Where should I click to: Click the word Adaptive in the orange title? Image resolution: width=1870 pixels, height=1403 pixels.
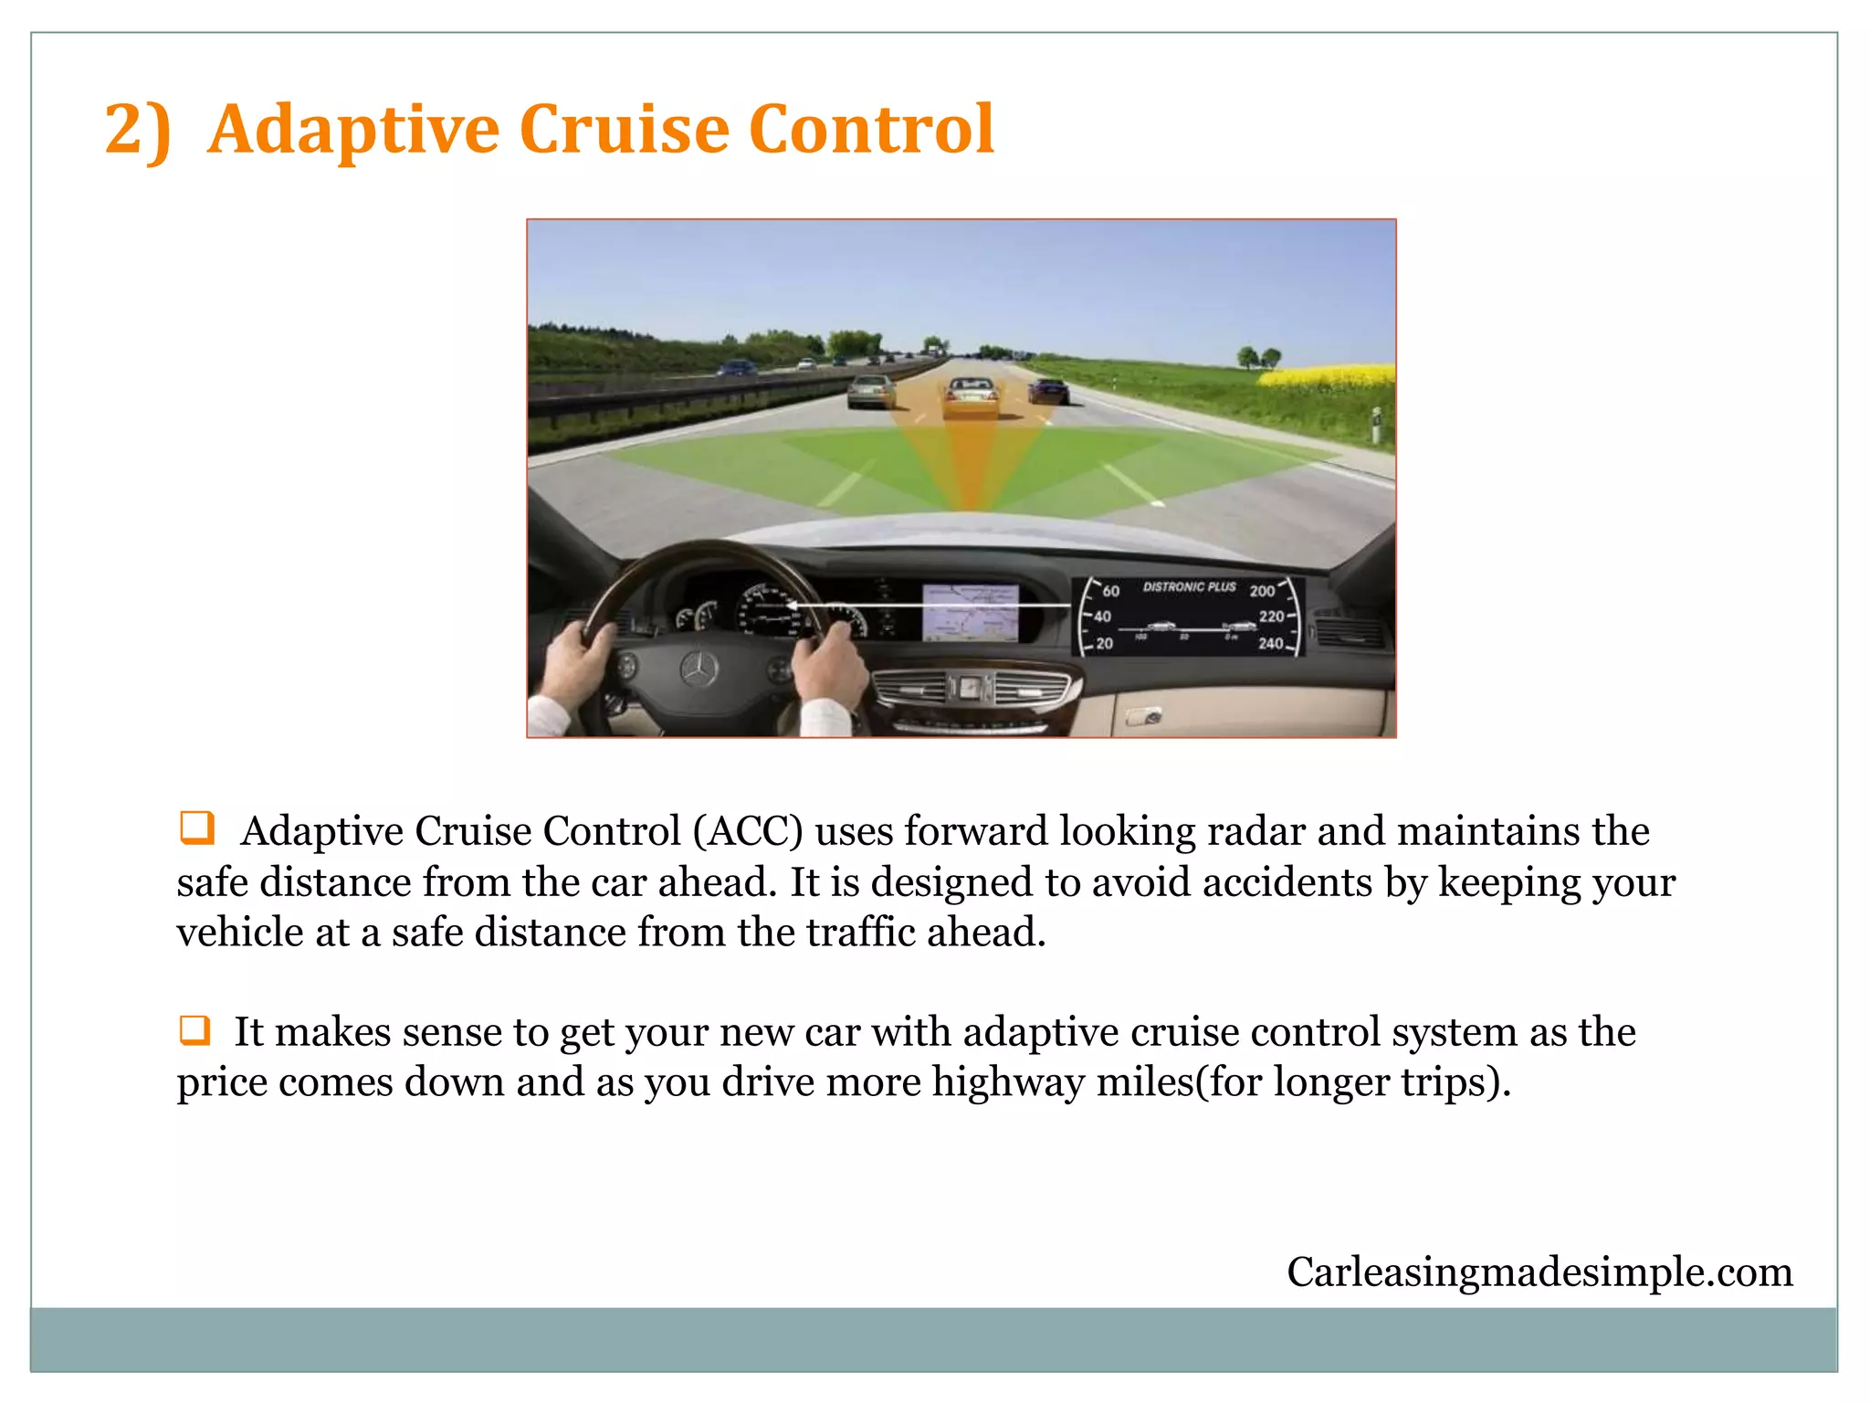(x=353, y=130)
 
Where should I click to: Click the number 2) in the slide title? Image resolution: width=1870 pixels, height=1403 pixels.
(x=137, y=130)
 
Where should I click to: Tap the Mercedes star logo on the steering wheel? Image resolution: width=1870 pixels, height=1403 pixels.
(x=700, y=670)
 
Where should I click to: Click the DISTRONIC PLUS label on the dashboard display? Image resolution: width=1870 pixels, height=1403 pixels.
(x=1189, y=586)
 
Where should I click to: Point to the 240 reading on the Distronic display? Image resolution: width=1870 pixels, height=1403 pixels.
(x=1270, y=643)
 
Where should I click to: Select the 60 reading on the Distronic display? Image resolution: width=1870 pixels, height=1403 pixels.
(x=1110, y=591)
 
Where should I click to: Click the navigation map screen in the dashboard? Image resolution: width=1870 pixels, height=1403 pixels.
(x=970, y=613)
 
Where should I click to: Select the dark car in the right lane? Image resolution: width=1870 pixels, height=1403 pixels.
(x=1048, y=391)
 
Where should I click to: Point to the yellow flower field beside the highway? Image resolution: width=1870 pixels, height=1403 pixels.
(x=1329, y=375)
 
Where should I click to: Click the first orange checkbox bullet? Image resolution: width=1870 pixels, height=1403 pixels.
(x=196, y=828)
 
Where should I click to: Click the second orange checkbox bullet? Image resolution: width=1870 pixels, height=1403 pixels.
(x=194, y=1029)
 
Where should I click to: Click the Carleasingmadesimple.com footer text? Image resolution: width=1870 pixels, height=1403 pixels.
(x=1539, y=1271)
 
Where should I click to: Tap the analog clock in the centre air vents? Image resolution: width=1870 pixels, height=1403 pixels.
(x=970, y=687)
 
